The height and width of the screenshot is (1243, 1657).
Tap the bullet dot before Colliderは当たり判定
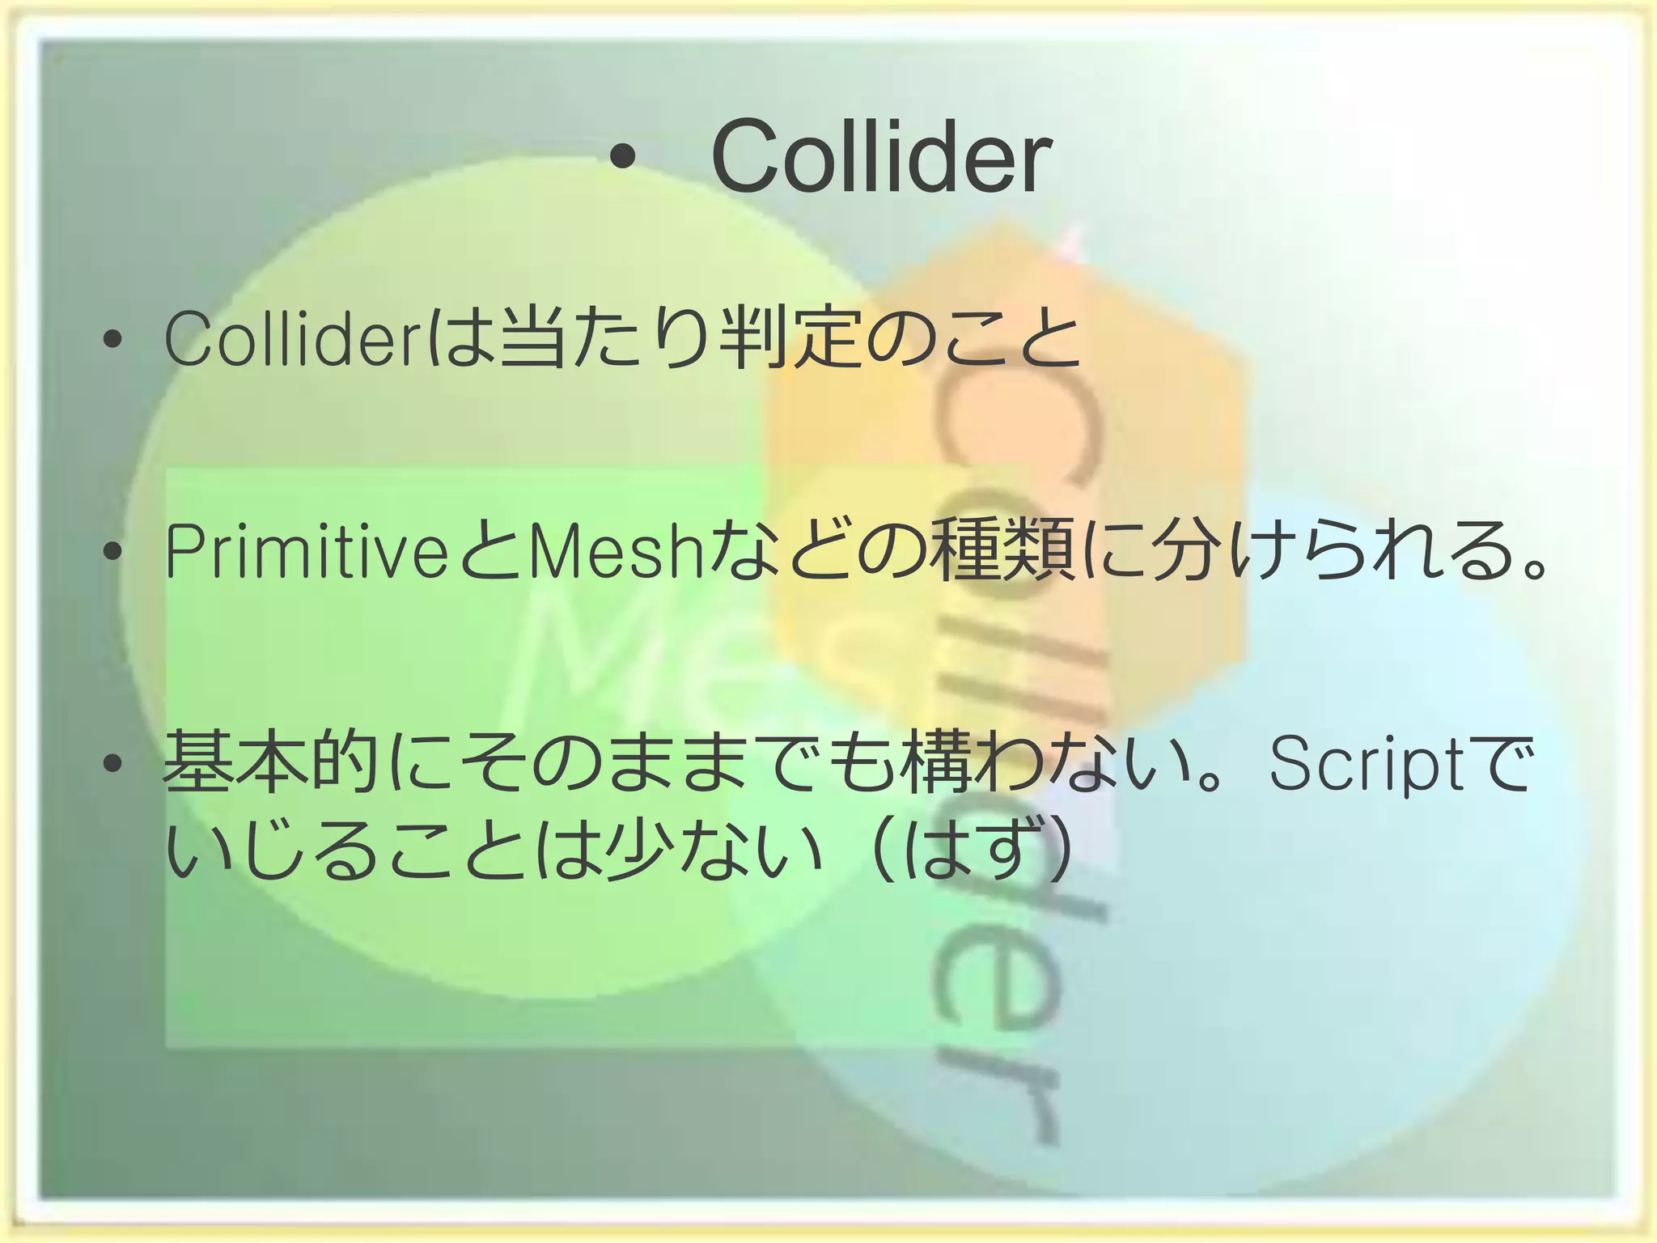112,340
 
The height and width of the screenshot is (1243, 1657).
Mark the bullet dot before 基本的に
112,763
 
